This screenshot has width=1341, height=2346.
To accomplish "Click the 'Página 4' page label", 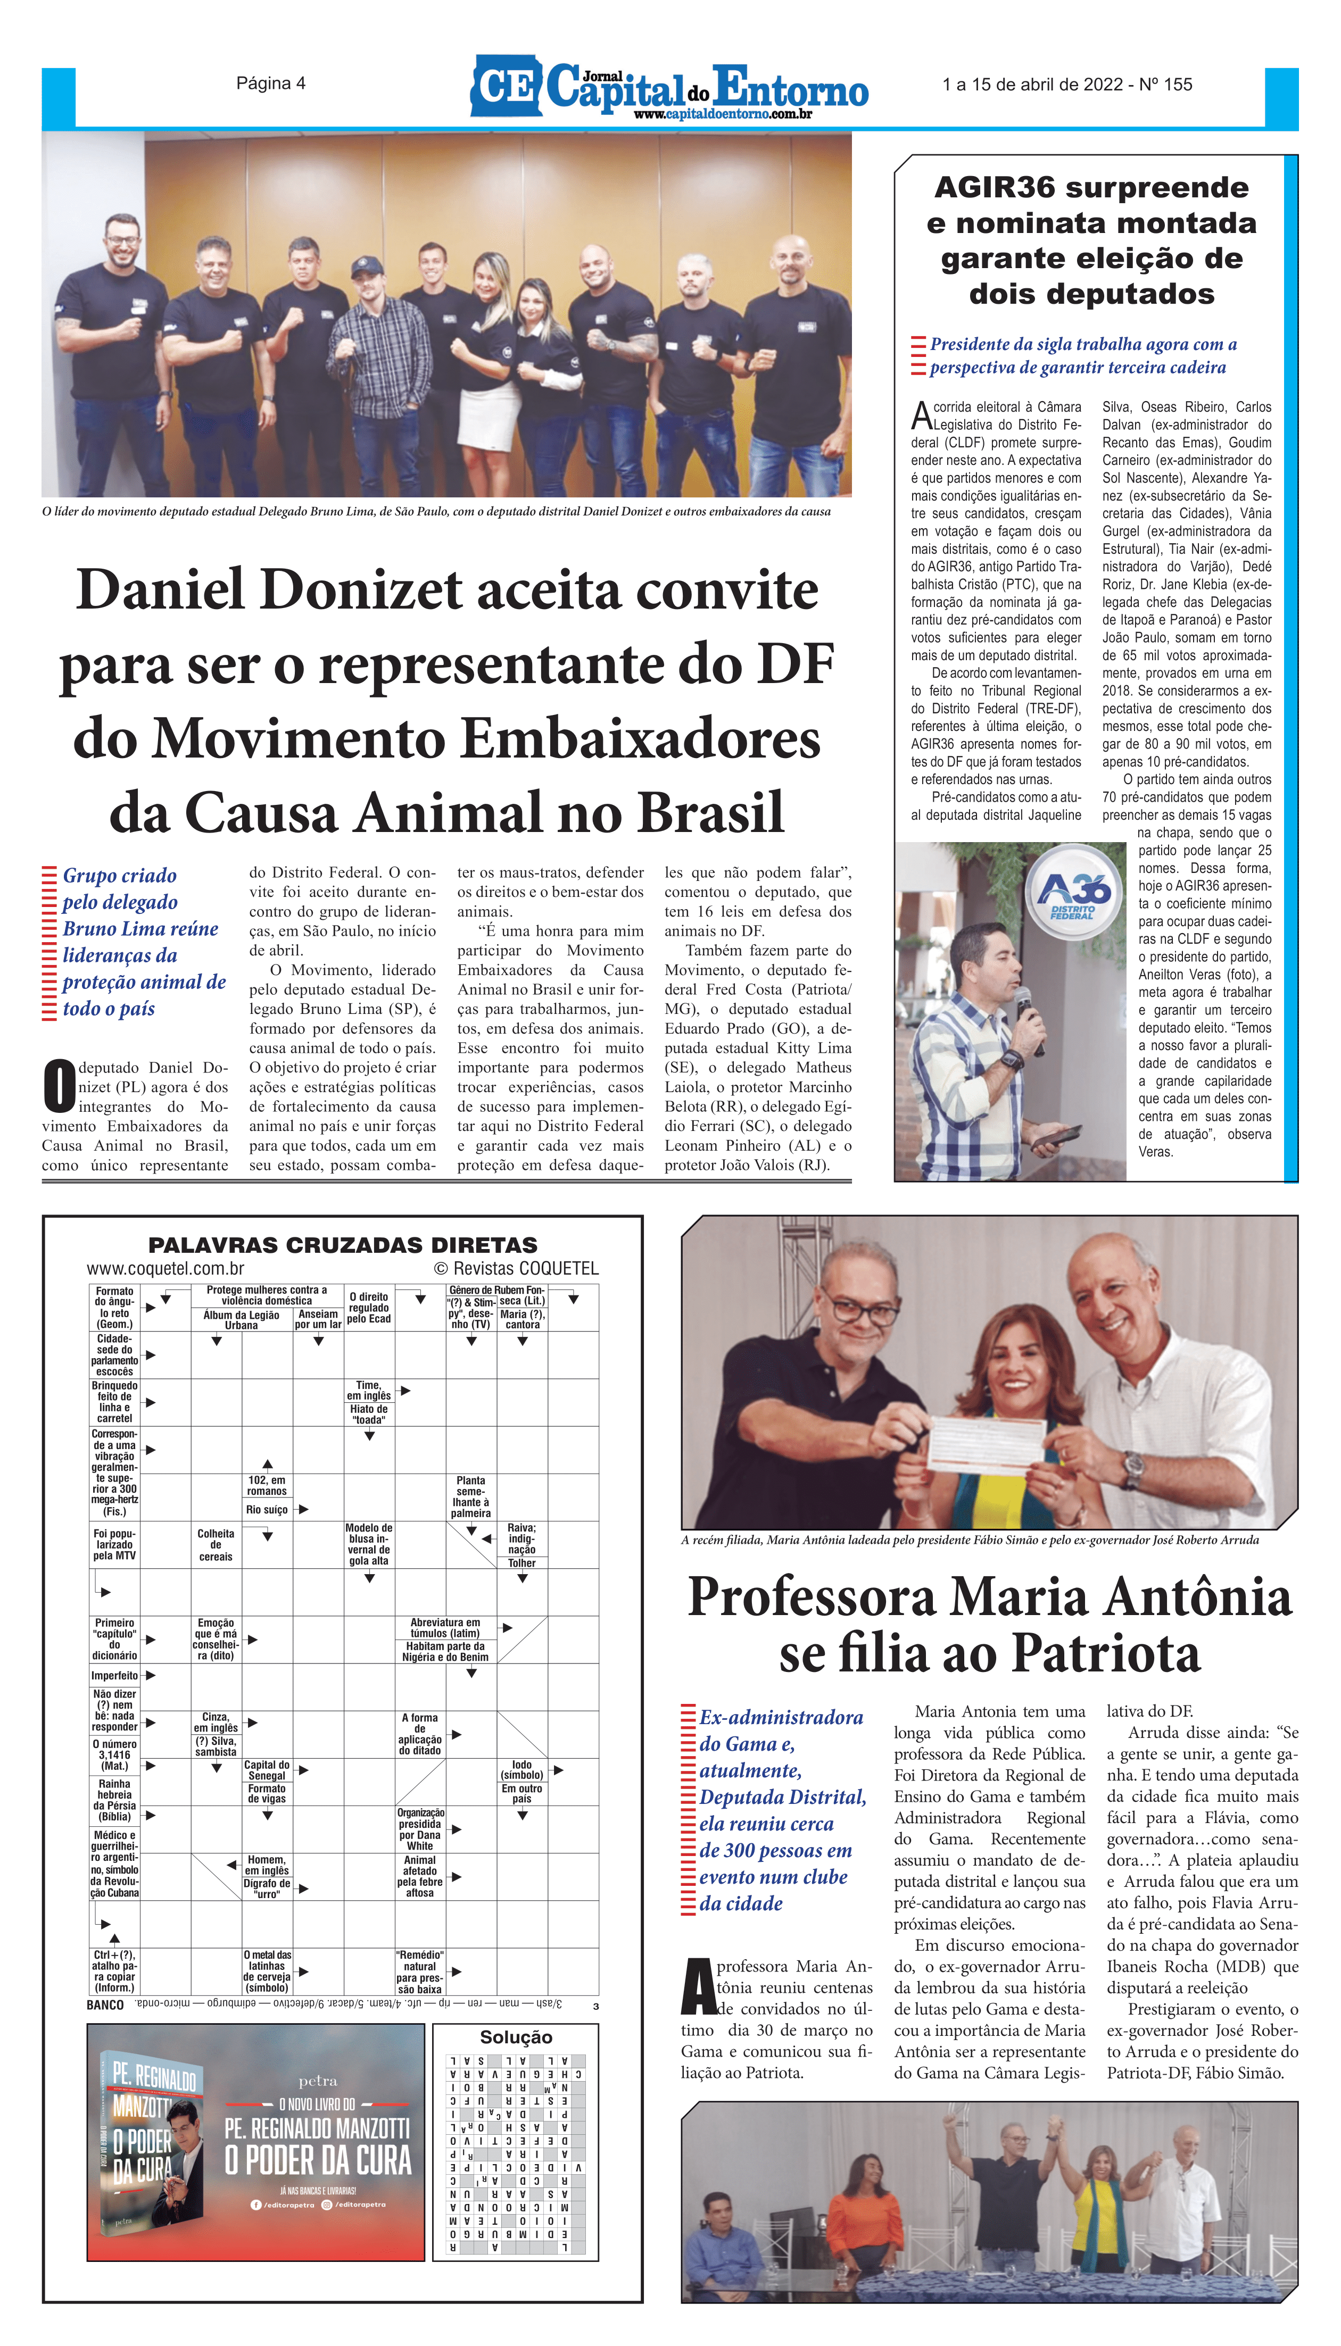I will pyautogui.click(x=271, y=84).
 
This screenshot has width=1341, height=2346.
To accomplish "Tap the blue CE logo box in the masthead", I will pyautogui.click(x=506, y=87).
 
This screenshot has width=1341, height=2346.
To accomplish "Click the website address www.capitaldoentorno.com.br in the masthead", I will pyautogui.click(x=722, y=114).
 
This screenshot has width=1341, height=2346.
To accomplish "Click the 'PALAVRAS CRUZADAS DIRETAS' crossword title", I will pyautogui.click(x=343, y=1245).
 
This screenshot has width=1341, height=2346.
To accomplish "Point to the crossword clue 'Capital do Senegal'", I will pyautogui.click(x=266, y=1770).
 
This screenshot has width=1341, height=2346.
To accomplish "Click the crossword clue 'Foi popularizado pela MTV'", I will pyautogui.click(x=114, y=1544).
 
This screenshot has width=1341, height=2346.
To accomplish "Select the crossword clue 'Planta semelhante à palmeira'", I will pyautogui.click(x=470, y=1496).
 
